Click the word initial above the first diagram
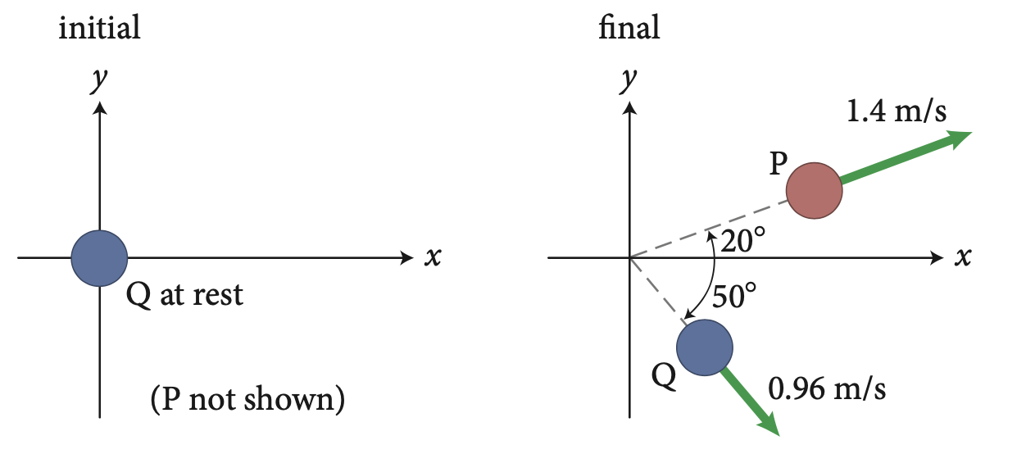click(99, 28)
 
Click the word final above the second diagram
click(629, 28)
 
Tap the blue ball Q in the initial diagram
click(99, 258)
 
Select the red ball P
click(814, 191)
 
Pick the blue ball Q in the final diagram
click(705, 347)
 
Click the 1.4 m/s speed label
click(896, 111)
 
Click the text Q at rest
click(185, 294)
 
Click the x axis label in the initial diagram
click(434, 258)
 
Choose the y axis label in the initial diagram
click(100, 80)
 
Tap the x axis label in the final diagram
click(963, 258)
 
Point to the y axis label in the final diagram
click(629, 80)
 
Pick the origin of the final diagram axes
click(629, 258)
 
